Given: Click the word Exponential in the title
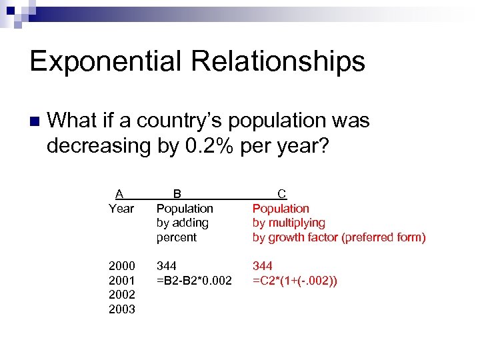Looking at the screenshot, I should pyautogui.click(x=105, y=61).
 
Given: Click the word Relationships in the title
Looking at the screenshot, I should pyautogui.click(x=278, y=61).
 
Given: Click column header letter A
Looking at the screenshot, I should pyautogui.click(x=119, y=194).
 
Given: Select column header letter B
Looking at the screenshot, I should pyautogui.click(x=177, y=194).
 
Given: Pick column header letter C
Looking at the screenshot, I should pyautogui.click(x=282, y=194).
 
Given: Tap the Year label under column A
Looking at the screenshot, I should pyautogui.click(x=121, y=209).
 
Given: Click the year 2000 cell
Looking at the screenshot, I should pyautogui.click(x=122, y=266).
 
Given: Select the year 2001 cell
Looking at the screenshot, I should pyautogui.click(x=122, y=281).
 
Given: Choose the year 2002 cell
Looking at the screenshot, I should pyautogui.click(x=122, y=295).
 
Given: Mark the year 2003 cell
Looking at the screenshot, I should pyautogui.click(x=122, y=309).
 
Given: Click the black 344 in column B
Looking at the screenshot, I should pyautogui.click(x=167, y=266).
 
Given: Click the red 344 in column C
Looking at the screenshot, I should pyautogui.click(x=263, y=266).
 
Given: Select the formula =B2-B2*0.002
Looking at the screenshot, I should pyautogui.click(x=194, y=281).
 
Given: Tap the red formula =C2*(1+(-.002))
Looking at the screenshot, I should pyautogui.click(x=295, y=281).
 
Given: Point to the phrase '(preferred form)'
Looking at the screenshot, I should pyautogui.click(x=383, y=237).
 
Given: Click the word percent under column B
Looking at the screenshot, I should pyautogui.click(x=177, y=237).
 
